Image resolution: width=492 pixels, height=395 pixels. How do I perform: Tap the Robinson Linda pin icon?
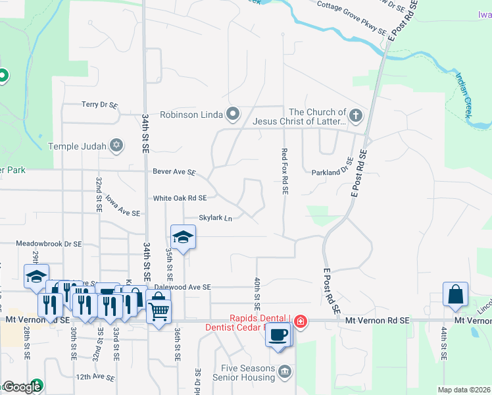point(232,115)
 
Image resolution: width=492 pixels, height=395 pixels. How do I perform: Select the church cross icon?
point(355,117)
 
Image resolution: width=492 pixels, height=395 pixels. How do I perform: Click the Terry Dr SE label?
point(99,105)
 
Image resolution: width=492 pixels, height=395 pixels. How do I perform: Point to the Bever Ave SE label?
point(174,172)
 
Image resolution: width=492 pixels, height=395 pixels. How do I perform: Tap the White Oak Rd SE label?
point(180,197)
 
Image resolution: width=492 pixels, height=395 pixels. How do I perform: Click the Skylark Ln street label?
point(216,218)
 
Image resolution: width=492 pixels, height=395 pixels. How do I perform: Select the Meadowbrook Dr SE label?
point(49,243)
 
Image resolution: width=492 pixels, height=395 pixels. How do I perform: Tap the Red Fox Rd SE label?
point(285,171)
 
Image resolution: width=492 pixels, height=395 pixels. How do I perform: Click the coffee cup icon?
point(278,334)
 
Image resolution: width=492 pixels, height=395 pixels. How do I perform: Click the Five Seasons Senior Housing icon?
point(284,373)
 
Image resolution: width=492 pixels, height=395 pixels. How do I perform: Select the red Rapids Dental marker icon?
point(301,321)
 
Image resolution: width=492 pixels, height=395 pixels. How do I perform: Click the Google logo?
point(22,387)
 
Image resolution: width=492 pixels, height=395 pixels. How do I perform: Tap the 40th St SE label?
point(257,294)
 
